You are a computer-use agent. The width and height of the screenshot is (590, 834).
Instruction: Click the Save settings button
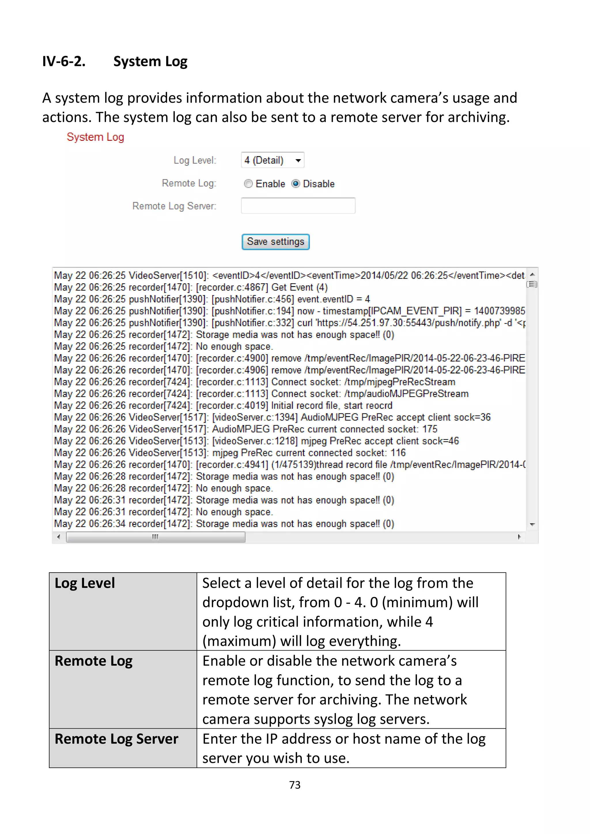pos(275,242)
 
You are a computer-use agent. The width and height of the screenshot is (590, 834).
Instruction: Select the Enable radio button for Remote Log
pos(248,184)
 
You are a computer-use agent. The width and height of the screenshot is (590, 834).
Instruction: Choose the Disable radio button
pos(296,184)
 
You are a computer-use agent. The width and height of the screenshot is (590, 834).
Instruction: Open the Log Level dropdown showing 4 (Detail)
pos(272,160)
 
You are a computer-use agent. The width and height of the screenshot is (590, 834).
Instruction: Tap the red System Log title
pos(95,137)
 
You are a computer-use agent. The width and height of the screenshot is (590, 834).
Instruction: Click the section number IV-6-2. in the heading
pos(64,61)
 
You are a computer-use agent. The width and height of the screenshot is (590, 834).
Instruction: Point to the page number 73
pos(294,785)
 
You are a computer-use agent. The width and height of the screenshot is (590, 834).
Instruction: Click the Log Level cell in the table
pos(85,583)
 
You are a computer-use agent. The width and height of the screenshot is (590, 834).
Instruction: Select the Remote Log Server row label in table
pos(116,739)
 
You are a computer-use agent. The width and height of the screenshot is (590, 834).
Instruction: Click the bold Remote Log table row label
pos(93,661)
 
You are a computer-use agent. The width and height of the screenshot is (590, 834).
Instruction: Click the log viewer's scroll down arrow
pos(532,524)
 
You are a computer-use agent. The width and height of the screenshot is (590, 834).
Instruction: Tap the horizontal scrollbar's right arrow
pos(519,537)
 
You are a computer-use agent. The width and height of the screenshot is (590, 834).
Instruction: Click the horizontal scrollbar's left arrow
pos(58,537)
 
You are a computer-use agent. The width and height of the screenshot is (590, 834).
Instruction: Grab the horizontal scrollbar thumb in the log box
pos(156,537)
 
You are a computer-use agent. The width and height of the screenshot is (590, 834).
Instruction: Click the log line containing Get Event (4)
pos(191,287)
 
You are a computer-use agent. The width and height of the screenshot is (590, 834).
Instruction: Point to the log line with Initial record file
pos(223,405)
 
